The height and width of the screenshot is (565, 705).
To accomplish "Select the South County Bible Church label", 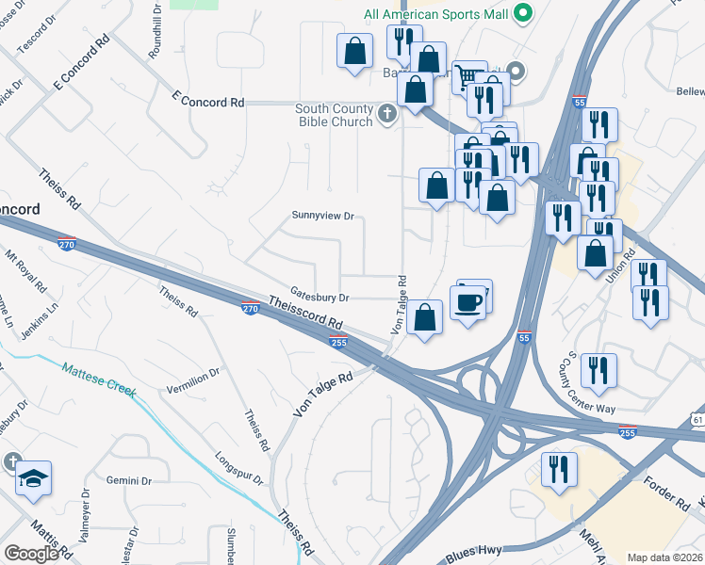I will click(x=336, y=116).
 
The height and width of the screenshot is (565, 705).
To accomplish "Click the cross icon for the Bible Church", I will click(x=386, y=115).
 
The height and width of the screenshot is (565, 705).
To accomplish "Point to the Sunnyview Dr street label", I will click(x=321, y=216).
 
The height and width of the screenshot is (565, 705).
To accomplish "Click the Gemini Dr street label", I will click(x=128, y=480).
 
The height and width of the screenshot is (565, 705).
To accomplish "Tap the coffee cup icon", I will click(x=468, y=301).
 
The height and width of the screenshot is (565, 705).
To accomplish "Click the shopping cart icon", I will click(x=468, y=75).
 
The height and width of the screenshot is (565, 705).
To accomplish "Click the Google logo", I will click(x=31, y=554).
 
